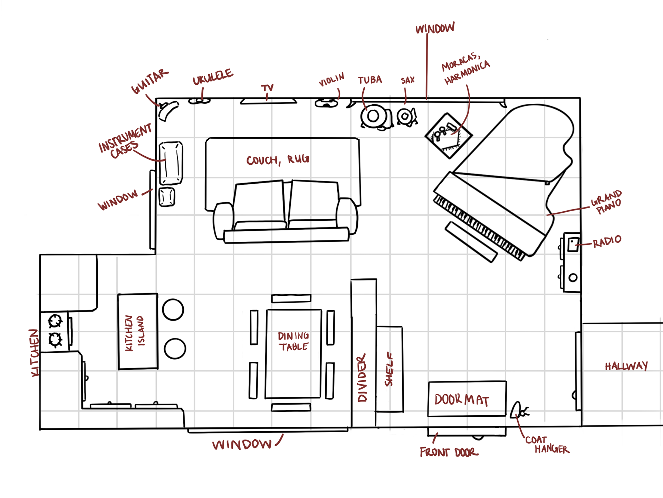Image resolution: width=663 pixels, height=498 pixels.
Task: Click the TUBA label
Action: [x=370, y=80]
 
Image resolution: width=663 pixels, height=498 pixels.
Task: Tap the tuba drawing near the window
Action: [x=374, y=117]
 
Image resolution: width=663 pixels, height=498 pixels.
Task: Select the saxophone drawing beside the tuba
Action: [x=406, y=116]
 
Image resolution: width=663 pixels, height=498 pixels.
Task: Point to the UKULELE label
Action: [x=213, y=77]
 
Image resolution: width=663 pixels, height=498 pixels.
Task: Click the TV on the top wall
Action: [x=268, y=101]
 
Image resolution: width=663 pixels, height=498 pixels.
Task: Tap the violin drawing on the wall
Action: [x=326, y=103]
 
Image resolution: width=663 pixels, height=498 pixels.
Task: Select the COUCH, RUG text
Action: [x=278, y=160]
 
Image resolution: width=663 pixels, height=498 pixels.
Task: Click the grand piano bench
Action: [x=471, y=242]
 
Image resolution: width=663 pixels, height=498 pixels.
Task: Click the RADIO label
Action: [x=607, y=241]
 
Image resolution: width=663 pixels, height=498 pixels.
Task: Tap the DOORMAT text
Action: [x=462, y=400]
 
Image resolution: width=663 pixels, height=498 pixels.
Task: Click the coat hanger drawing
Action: [x=518, y=411]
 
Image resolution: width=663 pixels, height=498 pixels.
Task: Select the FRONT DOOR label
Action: [x=449, y=452]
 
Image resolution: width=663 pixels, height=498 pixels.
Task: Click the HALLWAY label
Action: [x=626, y=366]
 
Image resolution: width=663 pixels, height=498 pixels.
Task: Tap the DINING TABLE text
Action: [x=294, y=341]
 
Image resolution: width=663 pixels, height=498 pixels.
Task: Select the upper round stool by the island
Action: [x=173, y=310]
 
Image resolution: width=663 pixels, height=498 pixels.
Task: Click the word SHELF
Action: [x=389, y=369]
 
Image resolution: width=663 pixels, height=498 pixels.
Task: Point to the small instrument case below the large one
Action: [x=167, y=197]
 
